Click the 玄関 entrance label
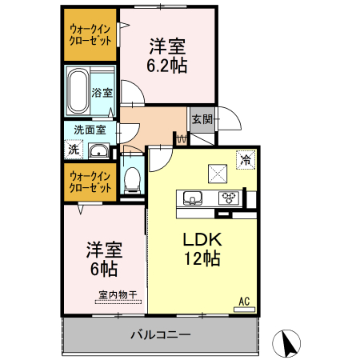[x=202, y=120]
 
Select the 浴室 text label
[x=102, y=93]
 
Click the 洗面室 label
[x=90, y=130]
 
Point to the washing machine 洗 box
[x=74, y=149]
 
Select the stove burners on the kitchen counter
[x=230, y=198]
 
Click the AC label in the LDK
[x=245, y=301]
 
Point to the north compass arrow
[x=287, y=344]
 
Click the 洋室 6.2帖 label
[x=167, y=56]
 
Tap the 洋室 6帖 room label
[x=102, y=258]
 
